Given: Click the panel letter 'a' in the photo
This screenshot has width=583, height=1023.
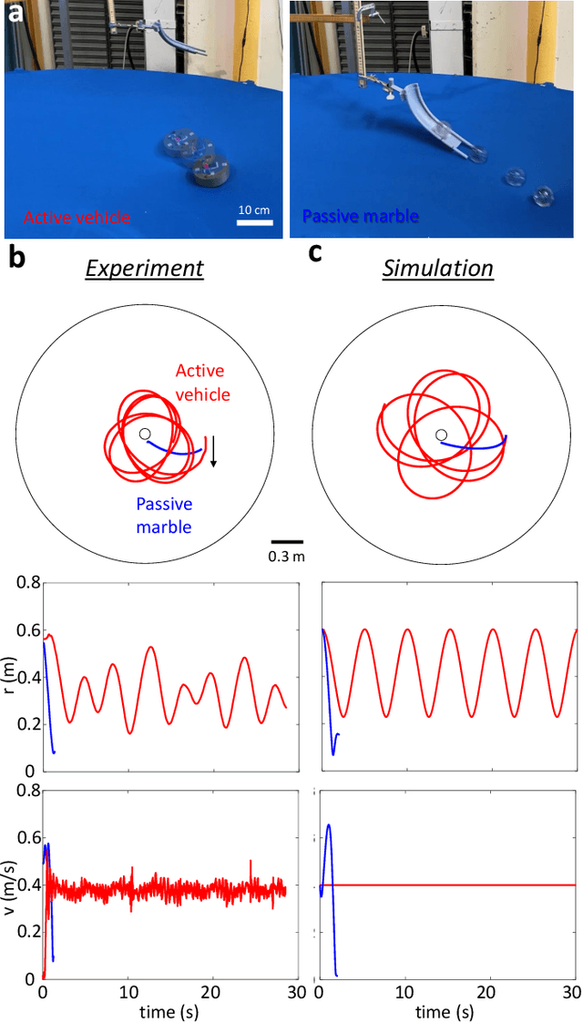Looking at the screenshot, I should [14, 13].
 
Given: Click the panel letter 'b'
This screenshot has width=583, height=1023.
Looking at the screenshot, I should [15, 259].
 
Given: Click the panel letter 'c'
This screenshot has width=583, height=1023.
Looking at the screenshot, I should [315, 252].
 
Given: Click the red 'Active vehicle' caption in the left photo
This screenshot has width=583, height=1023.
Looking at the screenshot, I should [77, 218].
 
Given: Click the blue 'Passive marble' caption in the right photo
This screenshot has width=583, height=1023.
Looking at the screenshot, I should [360, 217].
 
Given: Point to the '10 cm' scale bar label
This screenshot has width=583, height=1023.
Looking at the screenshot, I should [254, 210].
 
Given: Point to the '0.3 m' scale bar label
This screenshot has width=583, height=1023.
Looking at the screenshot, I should [286, 556].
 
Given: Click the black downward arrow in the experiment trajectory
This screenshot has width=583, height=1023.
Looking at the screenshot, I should [213, 451].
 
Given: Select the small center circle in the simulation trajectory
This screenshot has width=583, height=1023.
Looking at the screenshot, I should [441, 435].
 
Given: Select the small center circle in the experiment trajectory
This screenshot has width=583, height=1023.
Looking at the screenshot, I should [145, 435].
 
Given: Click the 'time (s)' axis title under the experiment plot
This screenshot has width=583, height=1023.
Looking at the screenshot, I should [168, 1011].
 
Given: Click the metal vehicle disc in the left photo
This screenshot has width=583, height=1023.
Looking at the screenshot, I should [207, 170].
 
